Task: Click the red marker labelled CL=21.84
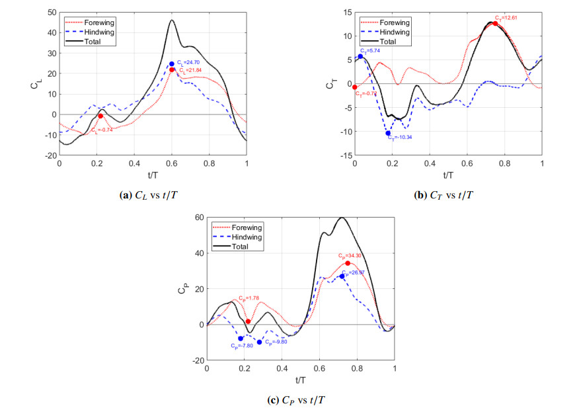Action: [x=172, y=69]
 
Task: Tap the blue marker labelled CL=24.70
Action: [x=172, y=64]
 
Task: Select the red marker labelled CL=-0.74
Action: [x=100, y=116]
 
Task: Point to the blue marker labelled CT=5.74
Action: [x=360, y=56]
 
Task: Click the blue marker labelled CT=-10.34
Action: [x=388, y=134]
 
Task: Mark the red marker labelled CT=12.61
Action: [x=494, y=24]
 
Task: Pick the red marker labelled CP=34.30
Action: [x=348, y=263]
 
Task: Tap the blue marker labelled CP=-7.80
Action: [x=241, y=339]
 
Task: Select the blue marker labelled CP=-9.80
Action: [x=260, y=342]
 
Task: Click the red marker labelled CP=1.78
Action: [x=249, y=321]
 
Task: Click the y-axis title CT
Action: [x=330, y=84]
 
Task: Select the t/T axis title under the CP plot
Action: [x=301, y=381]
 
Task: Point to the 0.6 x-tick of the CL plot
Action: [x=172, y=163]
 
